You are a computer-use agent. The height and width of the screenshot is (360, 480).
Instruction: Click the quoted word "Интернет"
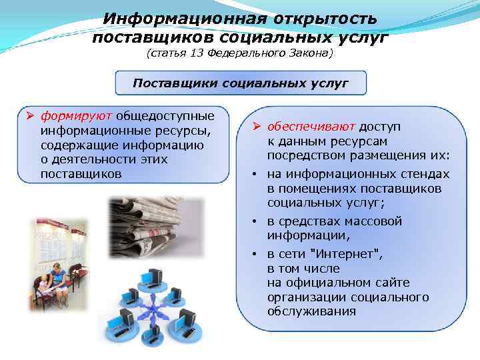point(339,254)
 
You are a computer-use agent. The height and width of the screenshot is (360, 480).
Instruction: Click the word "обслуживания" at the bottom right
point(311,312)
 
